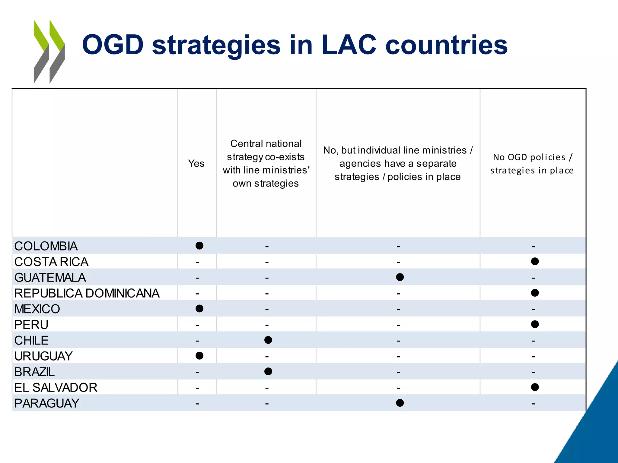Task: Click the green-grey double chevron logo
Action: [49, 51]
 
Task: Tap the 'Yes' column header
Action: [196, 163]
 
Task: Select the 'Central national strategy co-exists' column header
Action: [266, 163]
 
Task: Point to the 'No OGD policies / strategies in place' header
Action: [532, 164]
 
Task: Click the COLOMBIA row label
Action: [46, 246]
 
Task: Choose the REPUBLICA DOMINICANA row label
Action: [87, 293]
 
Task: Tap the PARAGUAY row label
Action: [47, 403]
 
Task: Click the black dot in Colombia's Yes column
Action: [199, 246]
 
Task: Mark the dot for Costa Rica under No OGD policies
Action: [535, 261]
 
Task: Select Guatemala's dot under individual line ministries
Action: [400, 277]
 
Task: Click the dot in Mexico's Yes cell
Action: [199, 308]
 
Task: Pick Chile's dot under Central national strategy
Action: [268, 340]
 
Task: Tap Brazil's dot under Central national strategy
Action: [268, 371]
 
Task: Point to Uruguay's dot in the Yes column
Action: [199, 356]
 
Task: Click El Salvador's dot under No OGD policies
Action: [535, 387]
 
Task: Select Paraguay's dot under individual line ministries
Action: [400, 403]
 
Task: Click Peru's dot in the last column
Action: [535, 324]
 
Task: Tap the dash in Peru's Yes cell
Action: [197, 325]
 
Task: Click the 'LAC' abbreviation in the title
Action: [349, 45]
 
